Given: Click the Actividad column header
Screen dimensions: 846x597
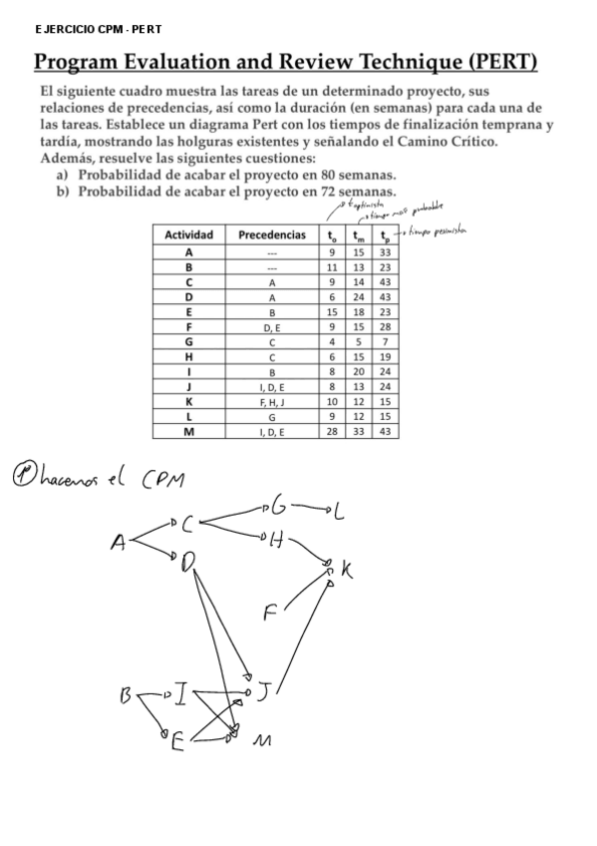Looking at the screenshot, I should (x=189, y=235).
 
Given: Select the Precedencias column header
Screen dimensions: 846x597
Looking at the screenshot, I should (x=272, y=235).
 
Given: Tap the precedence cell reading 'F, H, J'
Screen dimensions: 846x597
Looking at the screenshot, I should (x=272, y=401).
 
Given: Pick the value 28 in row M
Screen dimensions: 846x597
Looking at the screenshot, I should (x=333, y=431).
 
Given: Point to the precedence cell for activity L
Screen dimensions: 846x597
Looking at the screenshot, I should (x=272, y=416).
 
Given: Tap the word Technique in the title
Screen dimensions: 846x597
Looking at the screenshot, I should (x=391, y=64).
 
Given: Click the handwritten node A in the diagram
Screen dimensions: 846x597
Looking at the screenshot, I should (x=119, y=543).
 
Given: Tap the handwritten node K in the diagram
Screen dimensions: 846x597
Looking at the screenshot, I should (x=346, y=570).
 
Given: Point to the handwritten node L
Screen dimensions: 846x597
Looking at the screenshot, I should (x=339, y=514).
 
